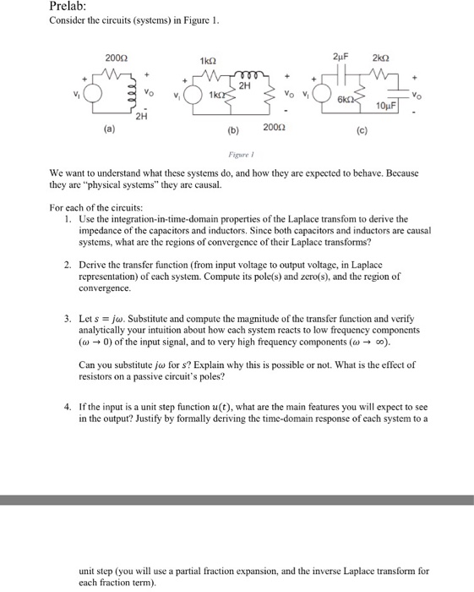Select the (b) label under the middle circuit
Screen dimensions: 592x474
232,132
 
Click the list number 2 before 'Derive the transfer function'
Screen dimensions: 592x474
67,265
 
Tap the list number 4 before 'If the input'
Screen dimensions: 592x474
67,408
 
